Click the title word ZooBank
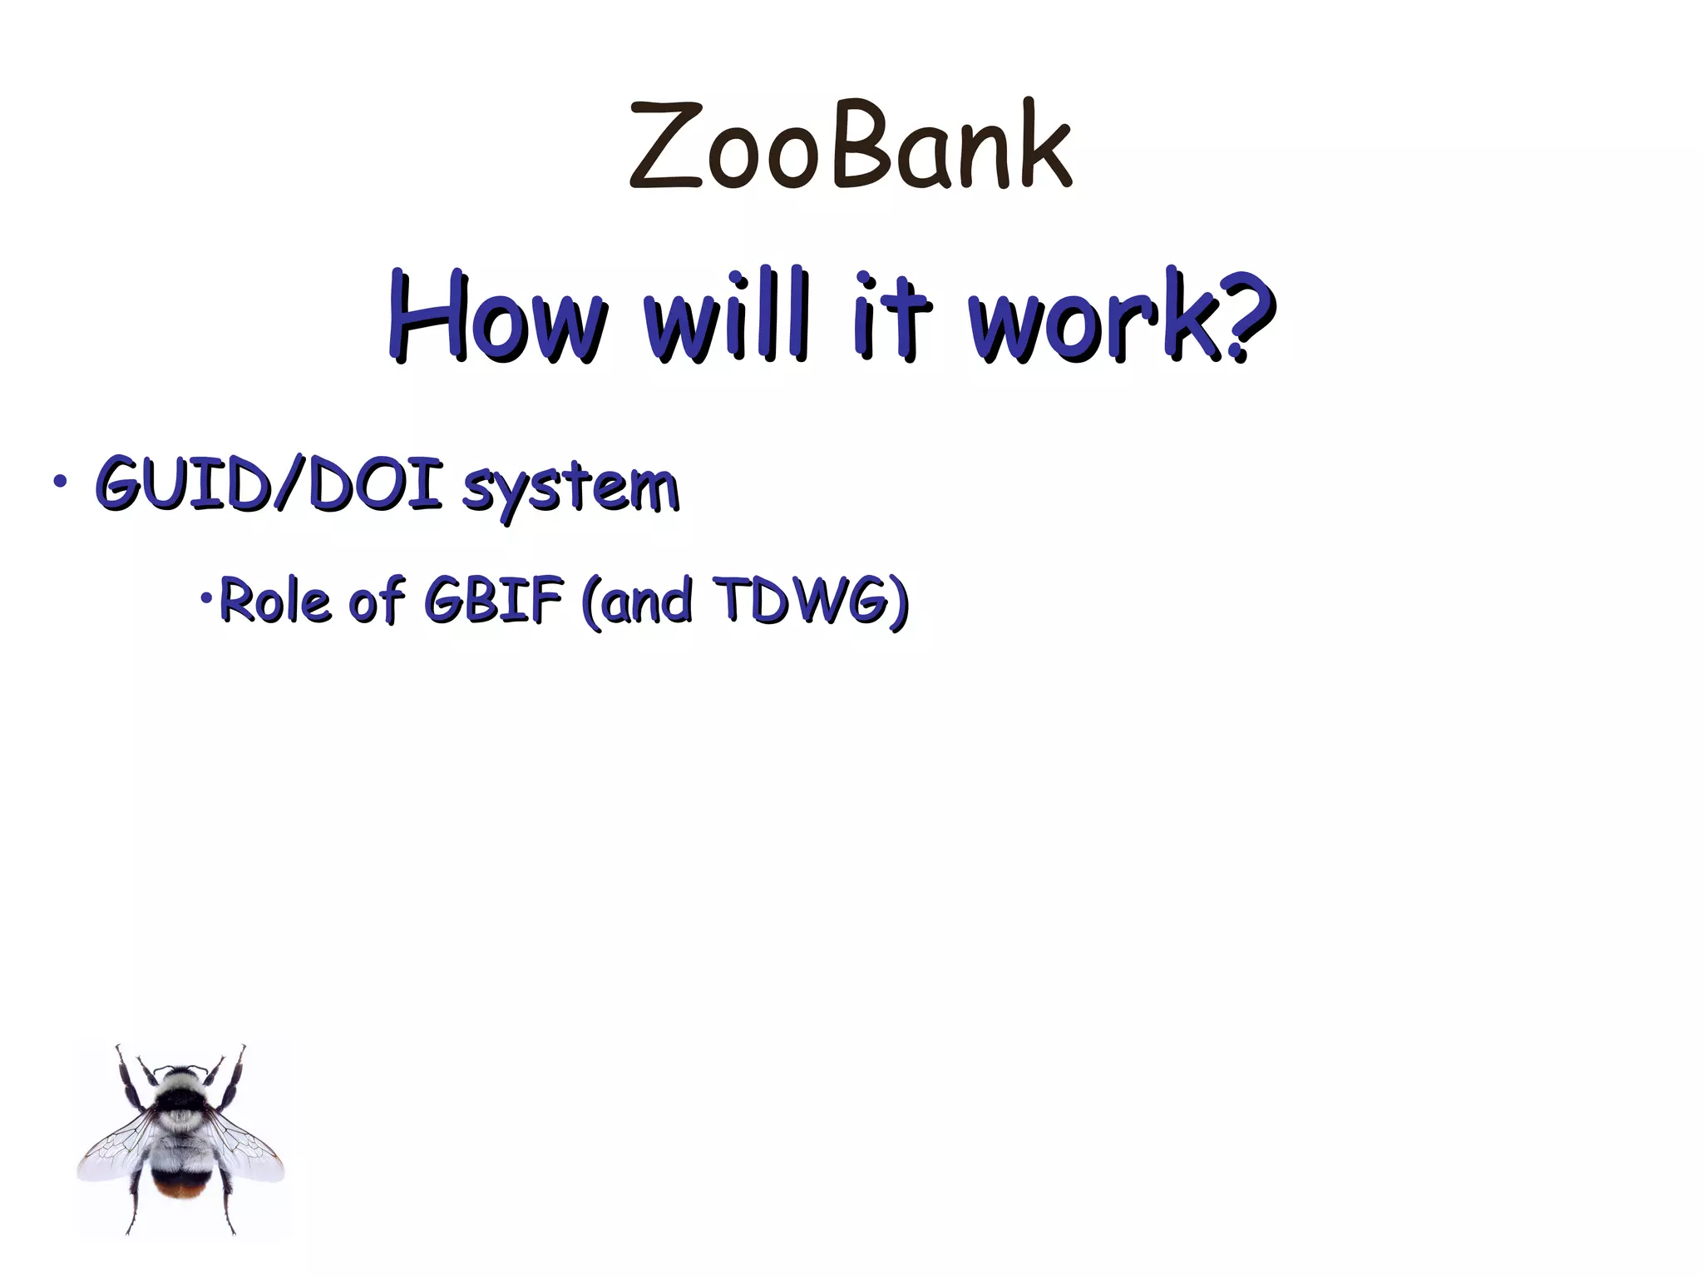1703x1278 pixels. tap(850, 146)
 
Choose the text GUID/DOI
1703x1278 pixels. tap(268, 484)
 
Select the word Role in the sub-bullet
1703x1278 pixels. tap(275, 602)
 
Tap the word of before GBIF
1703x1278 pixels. tap(377, 600)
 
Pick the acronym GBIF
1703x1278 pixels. tap(493, 600)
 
